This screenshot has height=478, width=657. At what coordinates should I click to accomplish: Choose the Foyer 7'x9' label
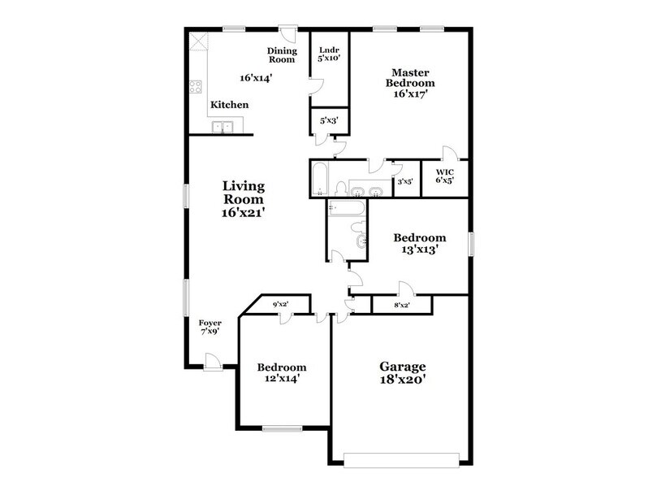click(x=210, y=327)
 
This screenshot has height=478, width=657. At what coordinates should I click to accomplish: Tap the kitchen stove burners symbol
click(x=195, y=86)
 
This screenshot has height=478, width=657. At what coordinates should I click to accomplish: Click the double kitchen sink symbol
click(x=223, y=127)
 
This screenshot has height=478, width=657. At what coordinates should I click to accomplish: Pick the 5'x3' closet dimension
click(x=329, y=120)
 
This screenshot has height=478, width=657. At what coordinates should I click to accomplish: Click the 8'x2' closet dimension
click(x=401, y=305)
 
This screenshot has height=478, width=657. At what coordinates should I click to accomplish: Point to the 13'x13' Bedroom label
click(x=420, y=244)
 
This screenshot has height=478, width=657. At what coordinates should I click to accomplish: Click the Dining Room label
click(x=282, y=54)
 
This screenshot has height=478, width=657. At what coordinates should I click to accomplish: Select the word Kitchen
click(x=230, y=105)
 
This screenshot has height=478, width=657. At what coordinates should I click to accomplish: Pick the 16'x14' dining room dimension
click(x=255, y=79)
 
